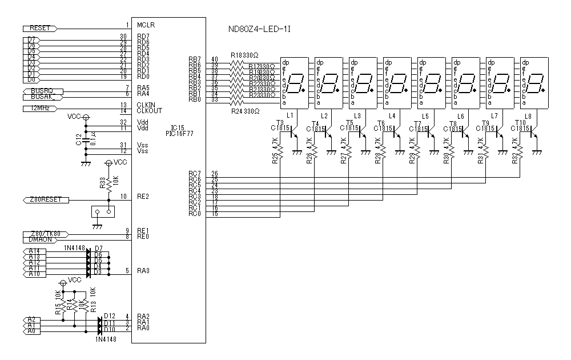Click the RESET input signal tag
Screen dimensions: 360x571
click(39, 28)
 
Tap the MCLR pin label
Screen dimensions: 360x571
click(146, 25)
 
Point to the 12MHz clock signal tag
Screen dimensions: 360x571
click(39, 108)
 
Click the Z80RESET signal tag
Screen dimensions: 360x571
click(45, 199)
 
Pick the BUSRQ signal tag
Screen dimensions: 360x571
click(41, 91)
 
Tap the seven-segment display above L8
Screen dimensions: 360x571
click(534, 83)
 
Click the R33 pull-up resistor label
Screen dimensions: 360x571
click(103, 183)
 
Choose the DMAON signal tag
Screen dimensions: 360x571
click(40, 240)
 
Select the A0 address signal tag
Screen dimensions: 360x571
click(32, 331)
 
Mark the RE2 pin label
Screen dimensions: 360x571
click(143, 197)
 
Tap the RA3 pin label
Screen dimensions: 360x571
click(143, 271)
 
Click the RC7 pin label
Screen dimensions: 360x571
click(195, 173)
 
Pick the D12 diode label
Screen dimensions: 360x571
click(110, 316)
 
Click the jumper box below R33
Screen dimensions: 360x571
click(103, 213)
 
